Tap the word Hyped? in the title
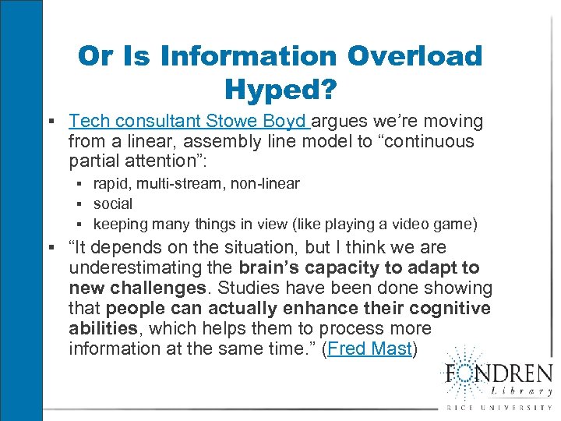point(280,90)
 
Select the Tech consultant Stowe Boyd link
point(189,122)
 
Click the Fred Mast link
point(369,348)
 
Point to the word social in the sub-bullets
point(113,203)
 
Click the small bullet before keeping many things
point(81,225)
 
